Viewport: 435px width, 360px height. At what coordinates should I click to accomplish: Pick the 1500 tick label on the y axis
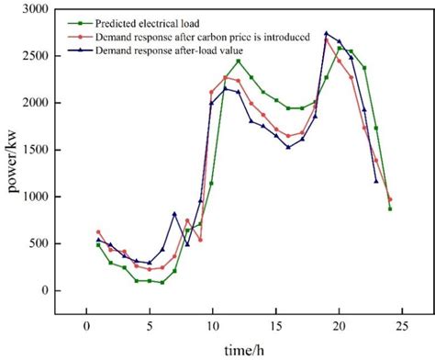tap(37, 149)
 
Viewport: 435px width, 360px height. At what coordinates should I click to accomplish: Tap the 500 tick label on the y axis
tap(40, 243)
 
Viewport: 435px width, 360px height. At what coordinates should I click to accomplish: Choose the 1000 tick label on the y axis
tap(37, 196)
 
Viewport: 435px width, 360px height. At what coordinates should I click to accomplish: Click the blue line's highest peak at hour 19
tap(326, 33)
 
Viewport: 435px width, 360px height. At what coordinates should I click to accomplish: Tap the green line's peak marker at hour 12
tap(238, 61)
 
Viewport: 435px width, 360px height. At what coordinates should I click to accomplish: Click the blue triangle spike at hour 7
tap(174, 214)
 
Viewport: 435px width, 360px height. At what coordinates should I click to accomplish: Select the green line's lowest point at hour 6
tap(162, 282)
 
